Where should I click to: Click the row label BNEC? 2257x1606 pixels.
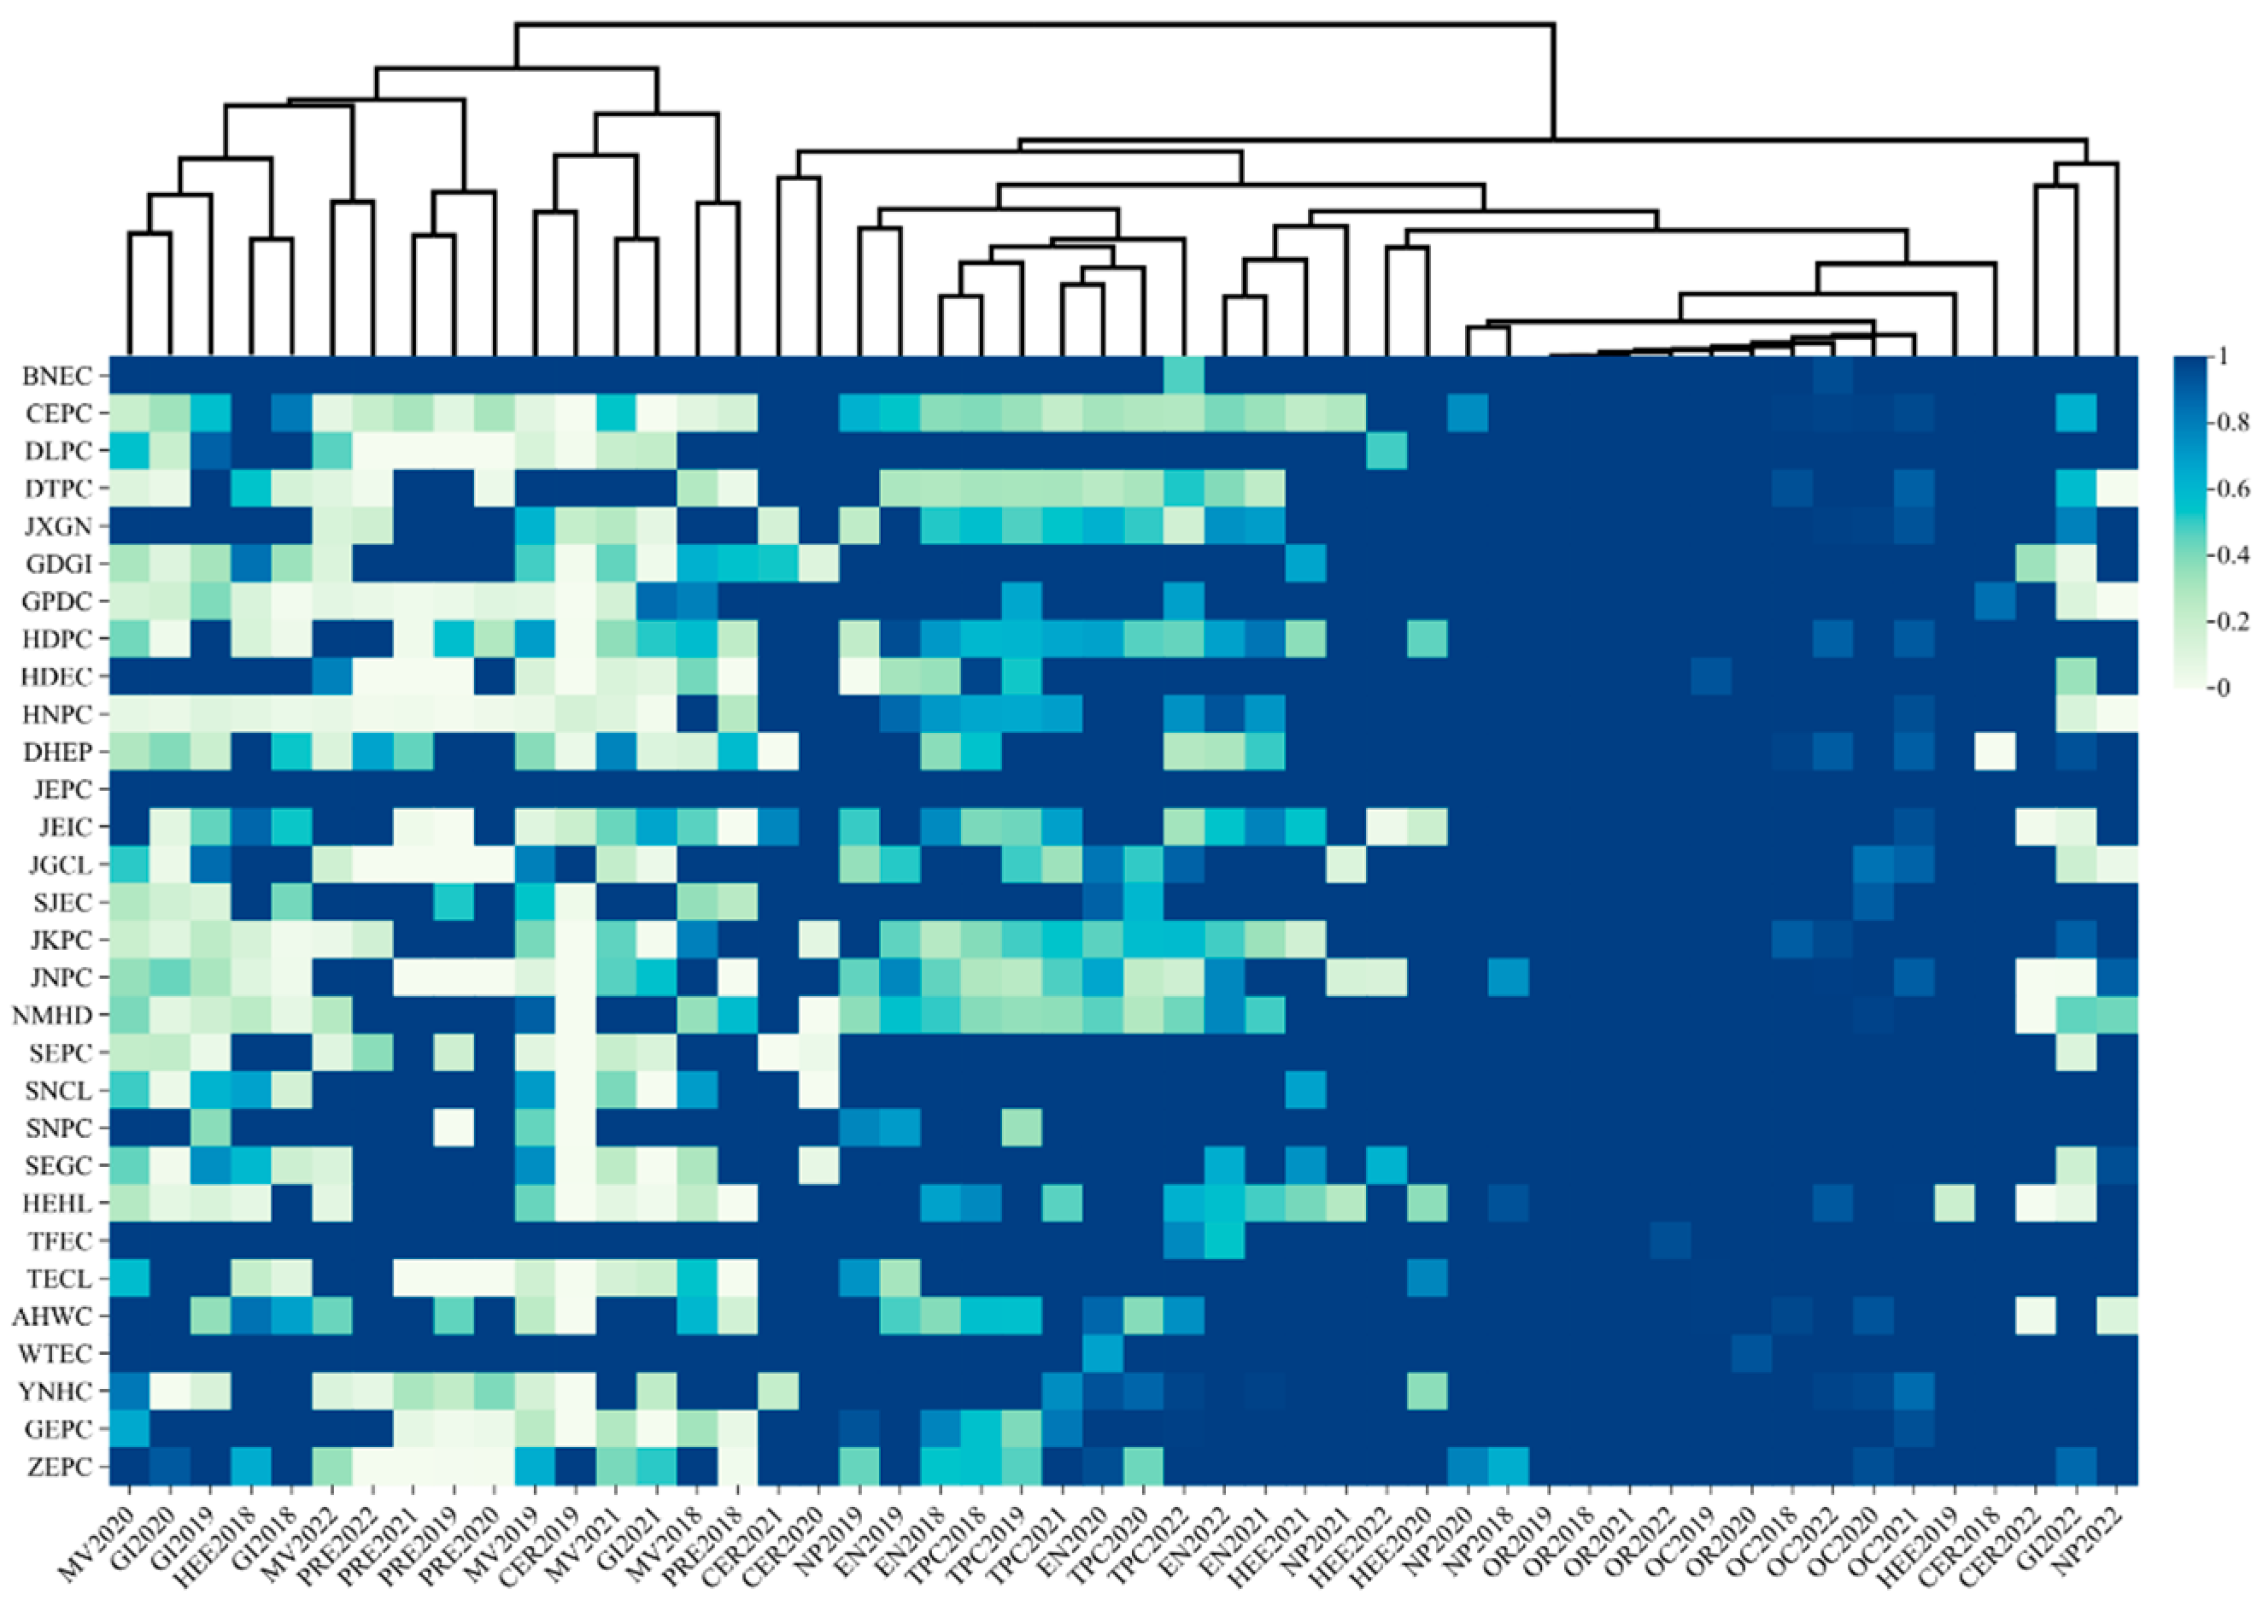coord(57,376)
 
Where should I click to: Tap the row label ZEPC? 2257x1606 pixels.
coord(59,1467)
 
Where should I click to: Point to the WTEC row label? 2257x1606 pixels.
coord(58,1354)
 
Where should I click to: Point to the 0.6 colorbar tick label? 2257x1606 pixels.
coord(2237,489)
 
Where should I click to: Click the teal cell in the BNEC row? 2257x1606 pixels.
coord(1184,376)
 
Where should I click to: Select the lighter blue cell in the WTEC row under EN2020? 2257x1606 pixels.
coord(1103,1354)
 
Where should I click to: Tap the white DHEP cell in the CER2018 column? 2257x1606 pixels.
coord(1994,752)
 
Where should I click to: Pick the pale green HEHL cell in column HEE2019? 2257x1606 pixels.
coord(1954,1204)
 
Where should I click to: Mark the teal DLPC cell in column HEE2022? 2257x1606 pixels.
coord(1386,451)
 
